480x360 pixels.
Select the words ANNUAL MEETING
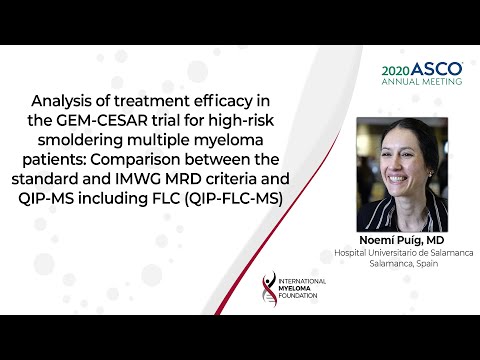pos(422,82)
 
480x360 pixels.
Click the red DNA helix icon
pos(266,291)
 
